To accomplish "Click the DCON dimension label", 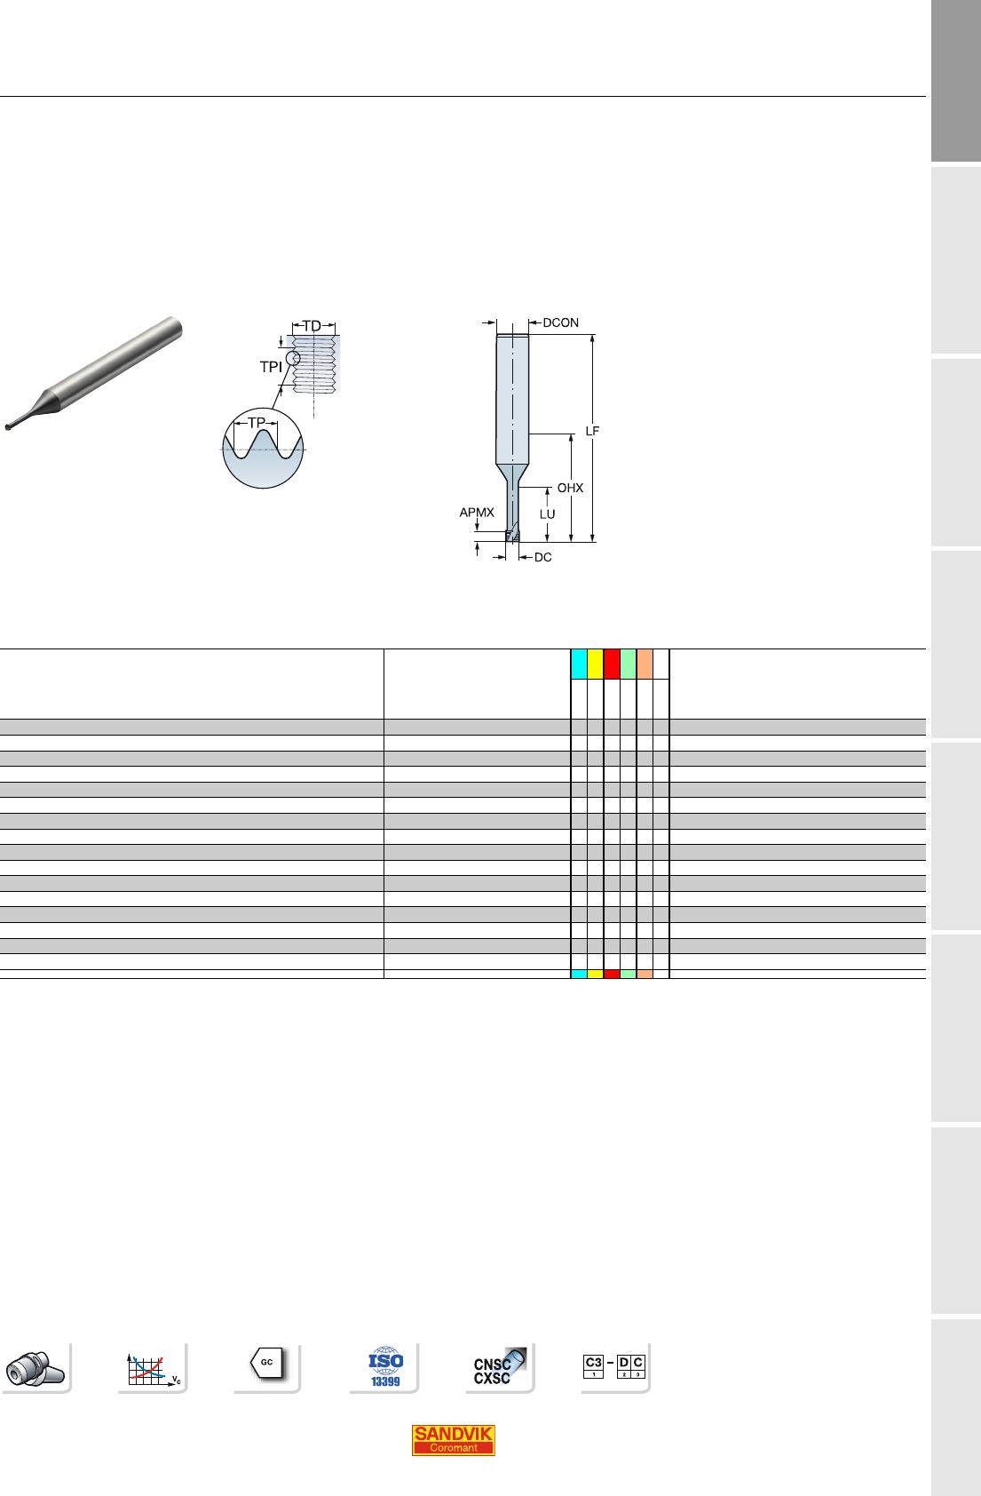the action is coord(560,322).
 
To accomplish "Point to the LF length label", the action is coord(592,432).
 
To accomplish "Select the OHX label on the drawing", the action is coord(570,489).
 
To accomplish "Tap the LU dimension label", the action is coord(547,514).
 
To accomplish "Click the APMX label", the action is coord(477,513).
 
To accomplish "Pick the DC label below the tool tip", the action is coord(542,557).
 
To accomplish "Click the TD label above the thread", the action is coord(312,326).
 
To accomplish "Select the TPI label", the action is coord(271,367).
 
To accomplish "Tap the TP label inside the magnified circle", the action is coord(257,423).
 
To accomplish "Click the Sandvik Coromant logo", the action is coord(453,1439).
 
